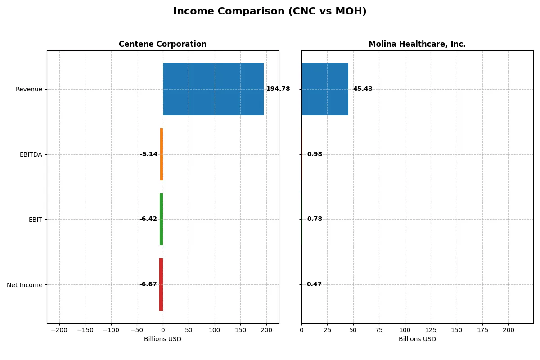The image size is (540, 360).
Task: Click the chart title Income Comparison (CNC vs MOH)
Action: pos(270,12)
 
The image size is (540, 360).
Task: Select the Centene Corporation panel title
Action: pos(162,45)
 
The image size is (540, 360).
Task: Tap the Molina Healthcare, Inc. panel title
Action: pos(417,45)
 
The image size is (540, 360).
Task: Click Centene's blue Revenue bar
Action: pos(213,89)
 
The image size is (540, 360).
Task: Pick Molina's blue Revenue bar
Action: pos(325,89)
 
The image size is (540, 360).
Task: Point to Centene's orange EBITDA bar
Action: pos(162,154)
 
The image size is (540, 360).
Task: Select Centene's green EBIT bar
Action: pos(161,219)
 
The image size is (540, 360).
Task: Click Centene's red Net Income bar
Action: pos(161,284)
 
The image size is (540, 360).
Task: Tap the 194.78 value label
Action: pos(278,89)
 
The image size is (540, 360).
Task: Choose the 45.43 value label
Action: pos(363,89)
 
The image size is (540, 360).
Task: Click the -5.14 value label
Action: pos(148,154)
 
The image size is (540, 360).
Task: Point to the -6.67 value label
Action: pos(148,284)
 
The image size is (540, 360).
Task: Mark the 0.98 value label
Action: pos(315,154)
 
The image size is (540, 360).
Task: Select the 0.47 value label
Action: pos(314,284)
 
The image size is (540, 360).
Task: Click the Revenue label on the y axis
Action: pos(29,89)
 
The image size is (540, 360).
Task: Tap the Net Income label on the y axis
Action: pos(25,285)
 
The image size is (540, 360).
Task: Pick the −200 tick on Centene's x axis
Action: pos(59,330)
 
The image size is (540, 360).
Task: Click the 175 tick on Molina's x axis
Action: pos(483,330)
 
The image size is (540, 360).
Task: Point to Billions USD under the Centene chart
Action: pos(162,339)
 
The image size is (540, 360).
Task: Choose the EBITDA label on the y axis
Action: pos(31,154)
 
